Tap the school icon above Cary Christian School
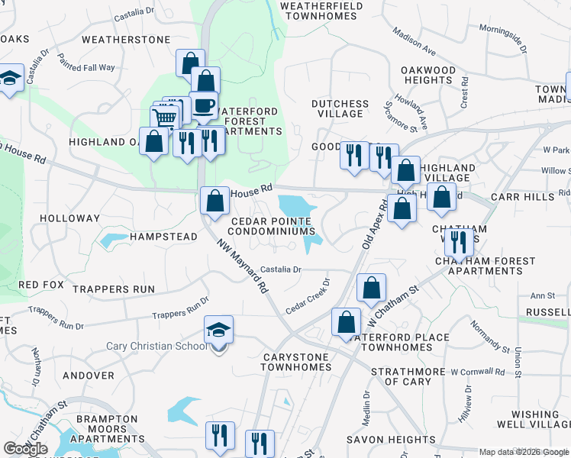[x=218, y=331]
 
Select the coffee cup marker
[x=203, y=105]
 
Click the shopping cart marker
[x=165, y=118]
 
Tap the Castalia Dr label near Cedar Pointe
[x=281, y=269]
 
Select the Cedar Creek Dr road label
[x=308, y=298]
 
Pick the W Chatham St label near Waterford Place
[x=393, y=302]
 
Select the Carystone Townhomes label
[x=295, y=362]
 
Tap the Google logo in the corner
[x=25, y=449]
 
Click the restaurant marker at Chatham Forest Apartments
[x=457, y=241]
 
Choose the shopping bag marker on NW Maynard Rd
[x=215, y=202]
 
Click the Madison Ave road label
[x=414, y=43]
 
